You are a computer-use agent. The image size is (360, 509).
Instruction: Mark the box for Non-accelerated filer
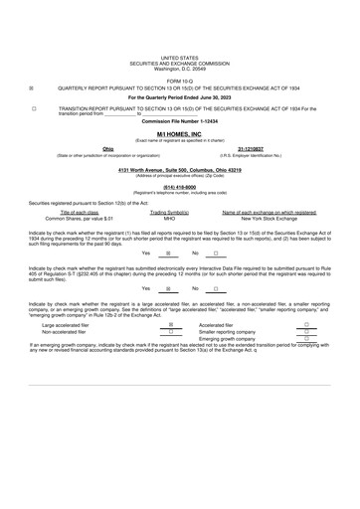point(171,359)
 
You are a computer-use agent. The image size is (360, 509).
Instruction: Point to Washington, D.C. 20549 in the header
point(179,70)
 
